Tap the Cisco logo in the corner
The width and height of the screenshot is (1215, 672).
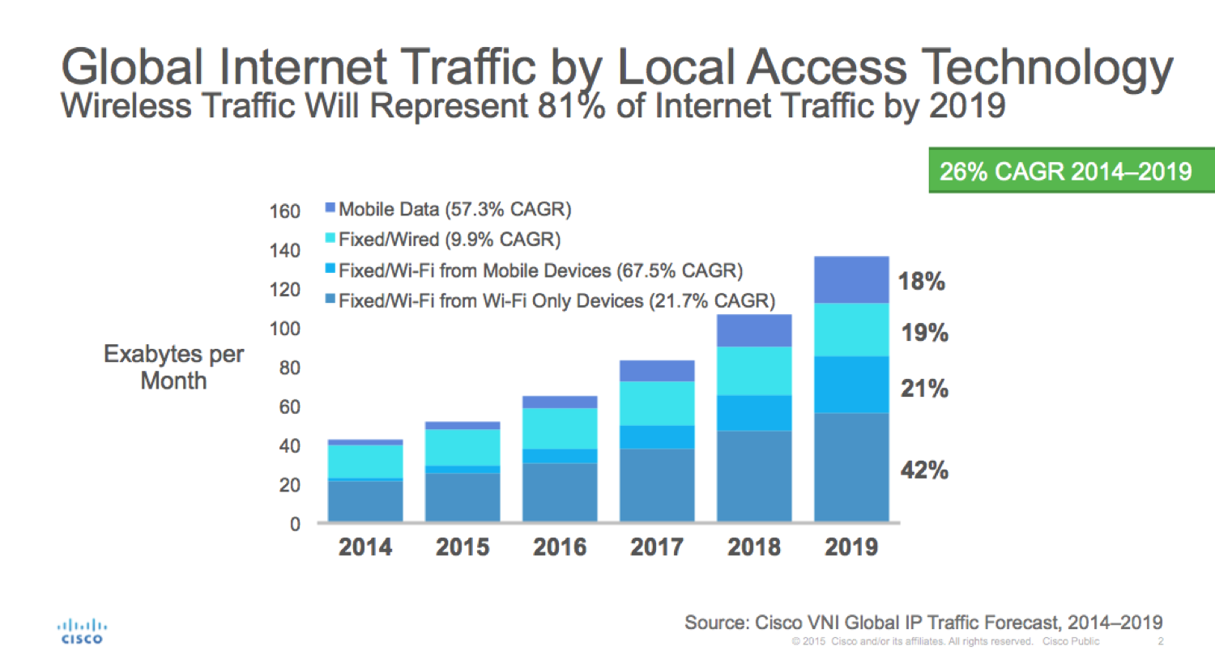(81, 632)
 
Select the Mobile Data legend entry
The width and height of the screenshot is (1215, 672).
(448, 210)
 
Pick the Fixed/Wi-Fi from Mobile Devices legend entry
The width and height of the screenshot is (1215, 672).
(534, 270)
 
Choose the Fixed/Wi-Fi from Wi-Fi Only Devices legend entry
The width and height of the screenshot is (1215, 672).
(550, 301)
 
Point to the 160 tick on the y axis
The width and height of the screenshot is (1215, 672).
(284, 211)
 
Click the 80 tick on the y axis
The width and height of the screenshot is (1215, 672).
(289, 368)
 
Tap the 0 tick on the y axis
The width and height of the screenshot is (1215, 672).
(295, 525)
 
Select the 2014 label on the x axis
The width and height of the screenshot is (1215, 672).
(365, 547)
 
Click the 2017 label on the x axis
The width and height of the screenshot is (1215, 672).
(657, 547)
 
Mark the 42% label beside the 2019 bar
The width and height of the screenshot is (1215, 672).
(924, 470)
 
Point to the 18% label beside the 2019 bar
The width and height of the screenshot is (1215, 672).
(922, 282)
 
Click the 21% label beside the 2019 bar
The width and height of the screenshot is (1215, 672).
(924, 389)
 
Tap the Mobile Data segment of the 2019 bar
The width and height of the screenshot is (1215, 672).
(851, 280)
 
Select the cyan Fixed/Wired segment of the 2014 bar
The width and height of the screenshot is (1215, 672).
(365, 461)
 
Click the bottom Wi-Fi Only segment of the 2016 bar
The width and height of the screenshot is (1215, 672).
(560, 492)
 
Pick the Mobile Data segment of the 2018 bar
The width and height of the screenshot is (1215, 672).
(754, 331)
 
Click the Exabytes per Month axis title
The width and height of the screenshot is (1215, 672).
(173, 367)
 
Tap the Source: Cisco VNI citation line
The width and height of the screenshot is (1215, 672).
(923, 623)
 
